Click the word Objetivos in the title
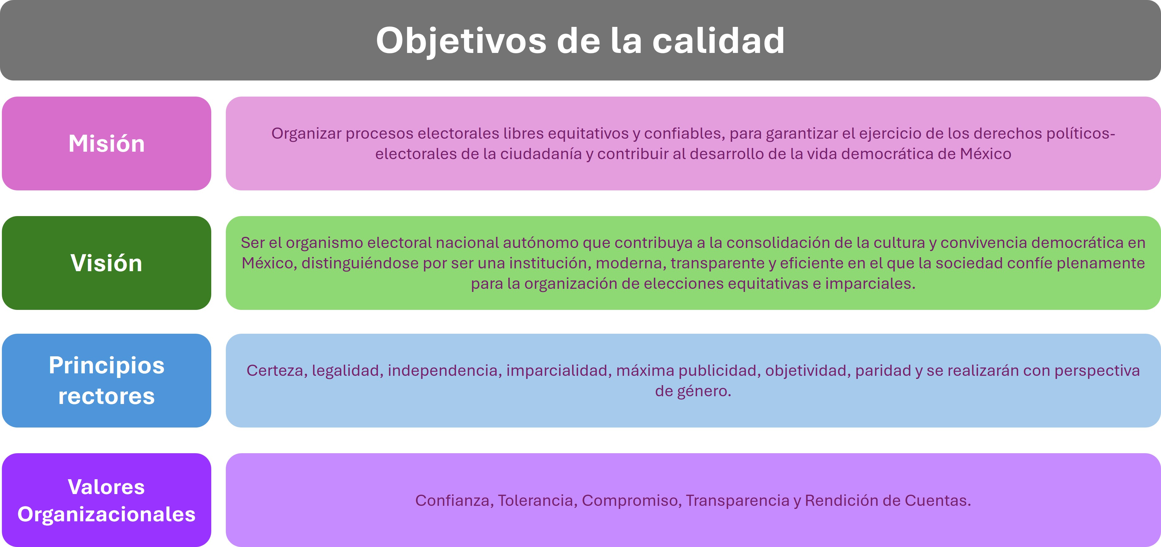(x=461, y=41)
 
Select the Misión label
(x=106, y=144)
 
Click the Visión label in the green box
(x=106, y=263)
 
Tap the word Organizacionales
(x=106, y=514)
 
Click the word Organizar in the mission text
(x=306, y=133)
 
